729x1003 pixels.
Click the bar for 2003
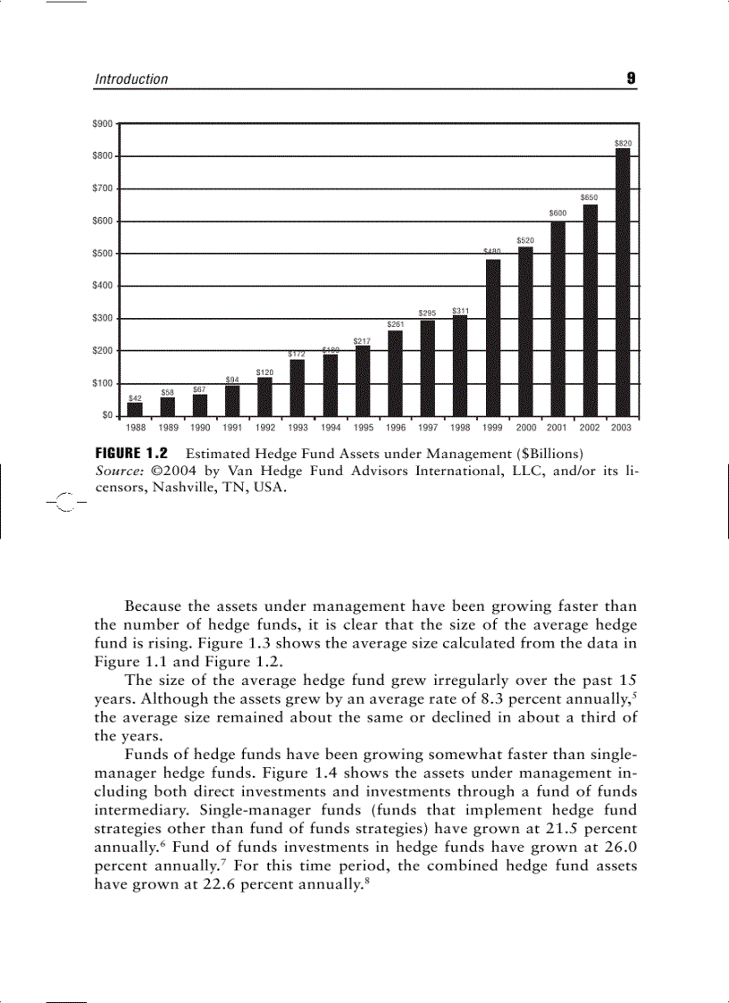(623, 282)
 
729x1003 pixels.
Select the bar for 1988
(135, 409)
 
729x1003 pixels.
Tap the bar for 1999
(493, 338)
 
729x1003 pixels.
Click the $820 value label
(623, 143)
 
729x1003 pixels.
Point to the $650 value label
(590, 197)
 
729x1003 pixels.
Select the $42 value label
(135, 397)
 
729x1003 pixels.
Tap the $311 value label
(461, 310)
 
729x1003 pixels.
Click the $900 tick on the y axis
(103, 123)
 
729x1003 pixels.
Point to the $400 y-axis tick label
(103, 286)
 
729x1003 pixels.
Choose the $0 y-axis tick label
(106, 415)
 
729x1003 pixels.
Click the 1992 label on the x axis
(265, 428)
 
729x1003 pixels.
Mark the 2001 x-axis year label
(557, 428)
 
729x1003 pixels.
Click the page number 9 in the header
(631, 79)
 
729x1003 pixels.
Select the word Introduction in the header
(131, 79)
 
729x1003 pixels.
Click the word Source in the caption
(117, 471)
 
